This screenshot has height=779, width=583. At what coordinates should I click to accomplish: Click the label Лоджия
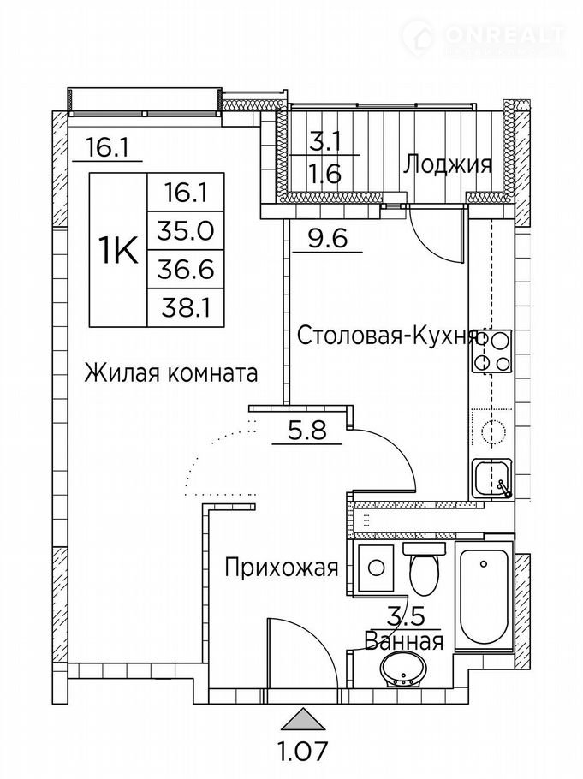[x=448, y=164]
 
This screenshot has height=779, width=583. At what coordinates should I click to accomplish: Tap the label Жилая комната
[x=171, y=372]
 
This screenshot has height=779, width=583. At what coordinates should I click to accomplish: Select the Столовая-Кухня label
[x=386, y=336]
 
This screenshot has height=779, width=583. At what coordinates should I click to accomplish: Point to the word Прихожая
[x=282, y=567]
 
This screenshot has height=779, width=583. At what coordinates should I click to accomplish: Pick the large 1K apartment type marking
[x=119, y=250]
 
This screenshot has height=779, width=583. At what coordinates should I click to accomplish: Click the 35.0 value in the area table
[x=186, y=230]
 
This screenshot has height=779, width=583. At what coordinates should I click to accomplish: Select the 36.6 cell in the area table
[x=186, y=270]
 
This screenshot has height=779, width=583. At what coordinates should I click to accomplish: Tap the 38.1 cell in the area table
[x=186, y=308]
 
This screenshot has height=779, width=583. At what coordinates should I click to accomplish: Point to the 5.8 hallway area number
[x=306, y=430]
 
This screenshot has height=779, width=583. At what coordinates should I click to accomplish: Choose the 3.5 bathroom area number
[x=406, y=617]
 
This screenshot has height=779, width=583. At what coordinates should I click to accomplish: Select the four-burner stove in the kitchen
[x=492, y=352]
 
